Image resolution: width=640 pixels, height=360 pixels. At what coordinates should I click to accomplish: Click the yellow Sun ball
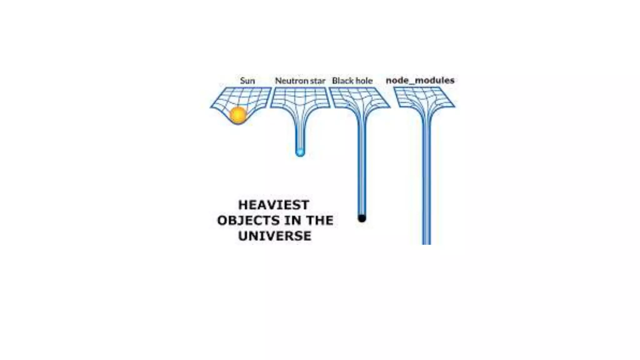pyautogui.click(x=238, y=115)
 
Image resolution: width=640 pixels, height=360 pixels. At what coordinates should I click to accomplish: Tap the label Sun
pyautogui.click(x=247, y=81)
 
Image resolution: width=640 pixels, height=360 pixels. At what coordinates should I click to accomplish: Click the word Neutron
pyautogui.click(x=287, y=81)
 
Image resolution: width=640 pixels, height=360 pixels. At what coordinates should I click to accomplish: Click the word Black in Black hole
pyautogui.click(x=342, y=81)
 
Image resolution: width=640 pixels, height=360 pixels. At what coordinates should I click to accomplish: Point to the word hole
pyautogui.click(x=364, y=81)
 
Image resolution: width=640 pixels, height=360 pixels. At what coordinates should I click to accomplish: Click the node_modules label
pyautogui.click(x=420, y=80)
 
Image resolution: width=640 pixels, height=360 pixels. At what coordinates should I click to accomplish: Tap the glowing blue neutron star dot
pyautogui.click(x=300, y=152)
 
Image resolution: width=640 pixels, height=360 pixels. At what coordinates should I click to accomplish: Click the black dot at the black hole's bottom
pyautogui.click(x=362, y=218)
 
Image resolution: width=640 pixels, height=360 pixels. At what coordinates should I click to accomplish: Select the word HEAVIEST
pyautogui.click(x=274, y=205)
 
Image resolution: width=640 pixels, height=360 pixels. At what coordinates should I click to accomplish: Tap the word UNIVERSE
pyautogui.click(x=275, y=236)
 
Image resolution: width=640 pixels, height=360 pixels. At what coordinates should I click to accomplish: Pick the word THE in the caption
pyautogui.click(x=319, y=220)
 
